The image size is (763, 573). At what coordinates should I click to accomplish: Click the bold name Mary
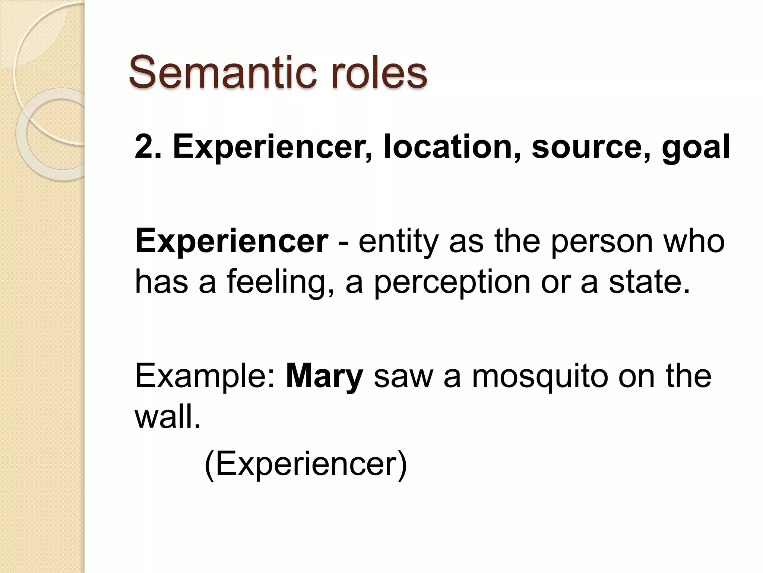tap(324, 377)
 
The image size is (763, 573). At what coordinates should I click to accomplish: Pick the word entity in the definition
tap(399, 242)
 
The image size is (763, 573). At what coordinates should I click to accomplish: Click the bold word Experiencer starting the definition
tap(231, 242)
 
